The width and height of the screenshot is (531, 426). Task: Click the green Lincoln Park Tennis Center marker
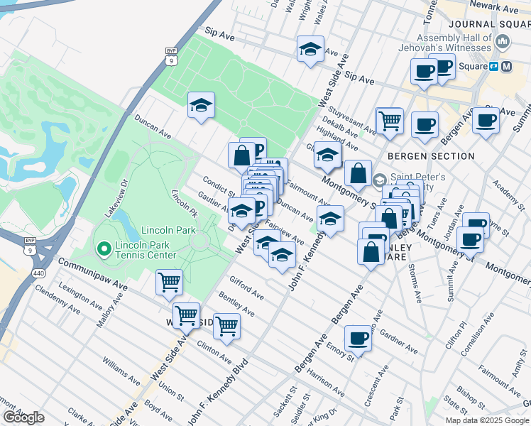[x=104, y=248]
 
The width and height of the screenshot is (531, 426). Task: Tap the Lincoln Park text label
[x=168, y=231]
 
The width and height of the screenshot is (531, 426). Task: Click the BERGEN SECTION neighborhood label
[x=431, y=156]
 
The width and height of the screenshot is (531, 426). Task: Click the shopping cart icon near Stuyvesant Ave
[x=389, y=120]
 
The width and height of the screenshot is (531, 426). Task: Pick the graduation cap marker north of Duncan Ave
[x=202, y=106]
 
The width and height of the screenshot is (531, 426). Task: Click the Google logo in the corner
[x=23, y=417]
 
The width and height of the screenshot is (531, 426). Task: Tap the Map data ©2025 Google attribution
[x=486, y=420]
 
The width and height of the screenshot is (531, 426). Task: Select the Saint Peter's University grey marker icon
[x=379, y=180]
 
